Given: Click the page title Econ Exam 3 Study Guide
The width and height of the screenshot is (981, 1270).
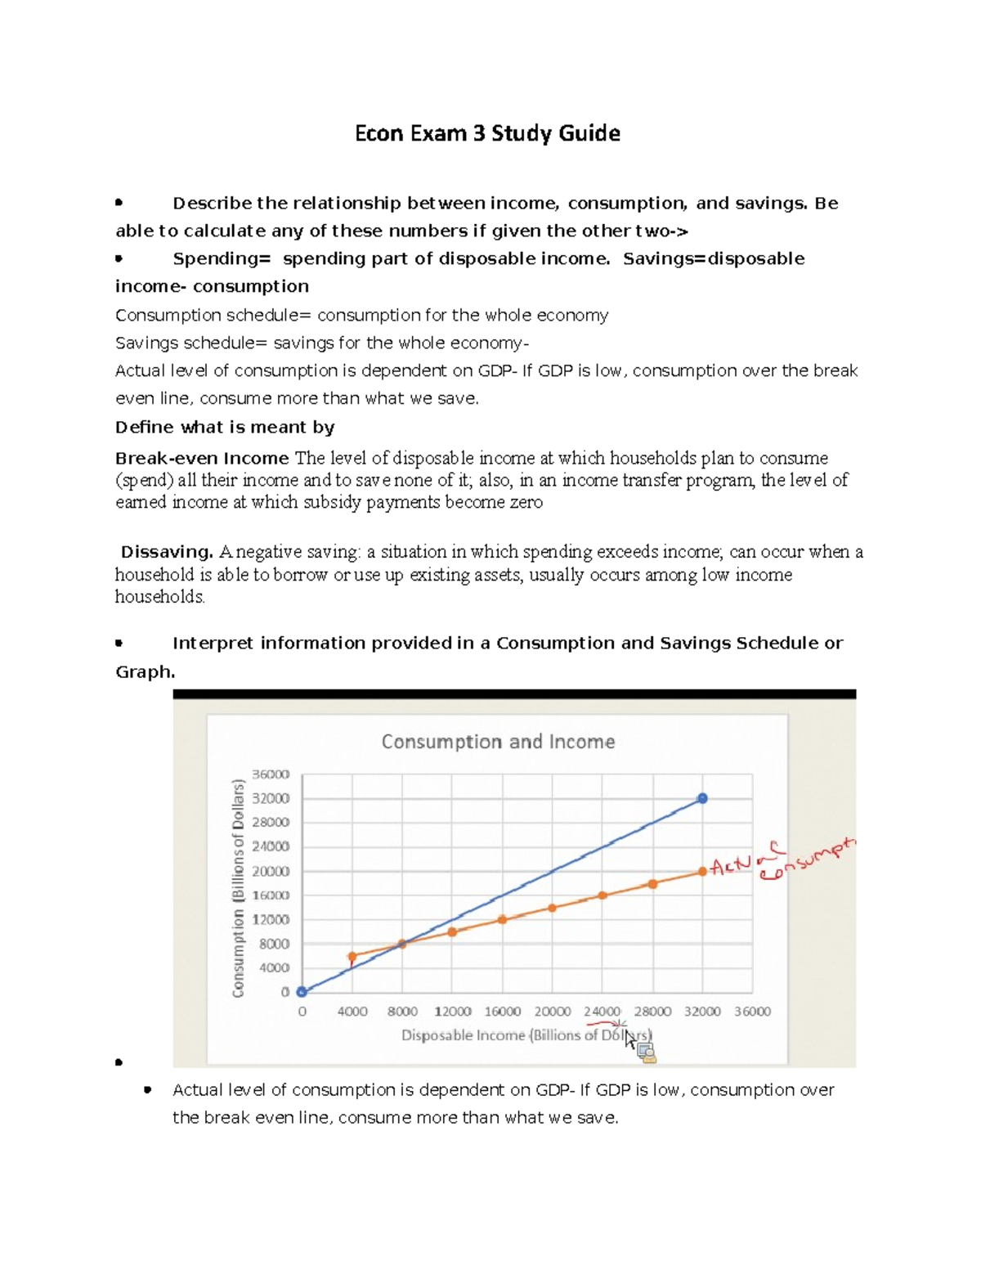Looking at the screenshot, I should (487, 133).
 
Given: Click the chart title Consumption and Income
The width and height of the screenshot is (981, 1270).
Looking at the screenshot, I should (498, 742).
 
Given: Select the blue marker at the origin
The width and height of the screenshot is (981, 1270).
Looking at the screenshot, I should (302, 991).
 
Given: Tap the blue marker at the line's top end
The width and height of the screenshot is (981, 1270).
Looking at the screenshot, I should (702, 798).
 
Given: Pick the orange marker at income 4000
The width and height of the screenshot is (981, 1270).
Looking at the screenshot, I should (352, 956).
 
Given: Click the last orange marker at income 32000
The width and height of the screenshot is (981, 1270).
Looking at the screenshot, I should (702, 872).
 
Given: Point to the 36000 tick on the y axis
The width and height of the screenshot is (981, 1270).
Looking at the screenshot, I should (271, 774).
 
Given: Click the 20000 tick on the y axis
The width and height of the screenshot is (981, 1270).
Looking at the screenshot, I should (271, 871).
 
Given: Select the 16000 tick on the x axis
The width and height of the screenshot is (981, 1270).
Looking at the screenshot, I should (502, 1012).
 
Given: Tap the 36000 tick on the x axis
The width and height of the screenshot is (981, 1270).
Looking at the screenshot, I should (752, 1012).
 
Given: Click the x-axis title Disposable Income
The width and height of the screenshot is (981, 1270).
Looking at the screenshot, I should (463, 1035).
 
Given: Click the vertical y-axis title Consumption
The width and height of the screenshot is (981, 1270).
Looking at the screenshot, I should (239, 888).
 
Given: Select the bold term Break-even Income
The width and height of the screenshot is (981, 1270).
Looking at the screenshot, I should (202, 458).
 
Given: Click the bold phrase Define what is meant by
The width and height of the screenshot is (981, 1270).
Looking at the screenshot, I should (225, 427).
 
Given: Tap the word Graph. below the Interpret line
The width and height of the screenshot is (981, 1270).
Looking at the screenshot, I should (146, 671).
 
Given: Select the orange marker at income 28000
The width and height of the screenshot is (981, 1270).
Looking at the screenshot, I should (652, 884).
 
